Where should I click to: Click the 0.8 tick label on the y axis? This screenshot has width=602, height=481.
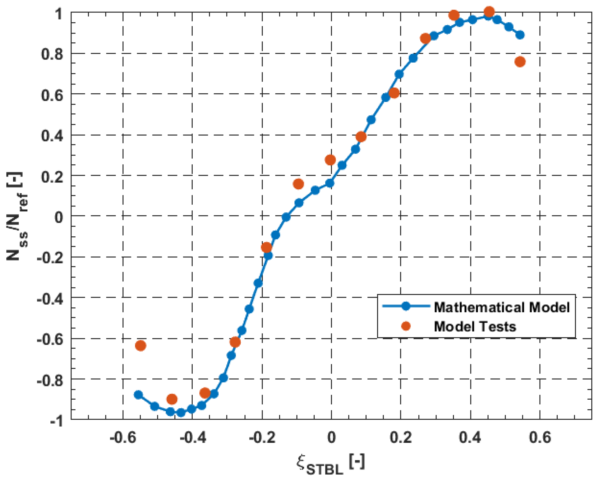click(x=52, y=54)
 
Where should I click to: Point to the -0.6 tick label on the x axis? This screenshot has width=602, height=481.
click(x=123, y=437)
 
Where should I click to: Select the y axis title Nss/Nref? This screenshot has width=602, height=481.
click(x=17, y=216)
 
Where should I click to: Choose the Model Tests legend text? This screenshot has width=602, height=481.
click(x=475, y=326)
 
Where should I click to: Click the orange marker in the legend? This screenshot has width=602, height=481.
click(x=406, y=326)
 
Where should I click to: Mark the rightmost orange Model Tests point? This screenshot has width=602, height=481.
click(x=520, y=62)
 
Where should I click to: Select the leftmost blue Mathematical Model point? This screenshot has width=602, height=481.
click(x=138, y=395)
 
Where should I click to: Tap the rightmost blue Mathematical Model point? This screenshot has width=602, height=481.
click(x=520, y=35)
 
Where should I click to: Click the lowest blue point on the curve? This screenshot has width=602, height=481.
click(x=181, y=412)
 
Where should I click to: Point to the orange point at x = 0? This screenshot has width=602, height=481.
click(x=330, y=160)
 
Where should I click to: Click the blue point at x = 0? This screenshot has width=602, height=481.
click(x=330, y=183)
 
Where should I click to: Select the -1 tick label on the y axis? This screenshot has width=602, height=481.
click(x=56, y=421)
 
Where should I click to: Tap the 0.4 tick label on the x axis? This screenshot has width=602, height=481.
click(x=470, y=437)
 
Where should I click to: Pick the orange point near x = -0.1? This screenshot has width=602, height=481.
click(x=299, y=184)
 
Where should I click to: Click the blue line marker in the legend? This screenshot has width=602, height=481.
click(x=406, y=306)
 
